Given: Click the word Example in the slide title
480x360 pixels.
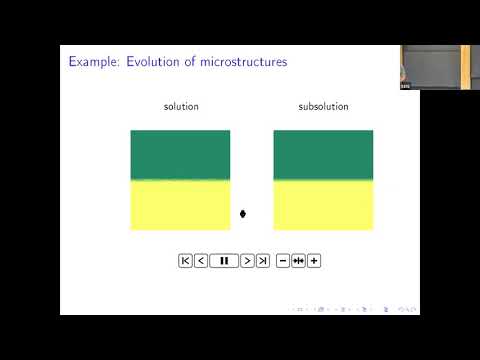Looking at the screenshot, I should tap(92, 62).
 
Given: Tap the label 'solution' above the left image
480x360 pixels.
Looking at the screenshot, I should tap(181, 107).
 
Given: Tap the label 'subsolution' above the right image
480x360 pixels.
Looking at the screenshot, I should tap(323, 107).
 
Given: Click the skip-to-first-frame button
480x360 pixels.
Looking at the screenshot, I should tap(185, 261).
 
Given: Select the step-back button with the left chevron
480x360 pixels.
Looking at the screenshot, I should tap(201, 261).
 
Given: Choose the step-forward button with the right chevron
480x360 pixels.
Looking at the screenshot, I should tap(247, 261).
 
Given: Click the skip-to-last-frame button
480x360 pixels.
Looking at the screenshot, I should tap(263, 261).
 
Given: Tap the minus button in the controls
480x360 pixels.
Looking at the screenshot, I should tap(283, 261).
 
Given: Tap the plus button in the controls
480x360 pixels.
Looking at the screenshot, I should tap(314, 261).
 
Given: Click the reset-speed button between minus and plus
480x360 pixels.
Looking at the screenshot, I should tap(298, 261).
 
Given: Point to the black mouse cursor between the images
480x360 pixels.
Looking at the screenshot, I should tap(243, 213).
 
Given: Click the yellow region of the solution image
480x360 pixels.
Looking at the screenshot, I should tap(180, 205).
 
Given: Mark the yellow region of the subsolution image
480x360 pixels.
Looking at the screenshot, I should tap(323, 205).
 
